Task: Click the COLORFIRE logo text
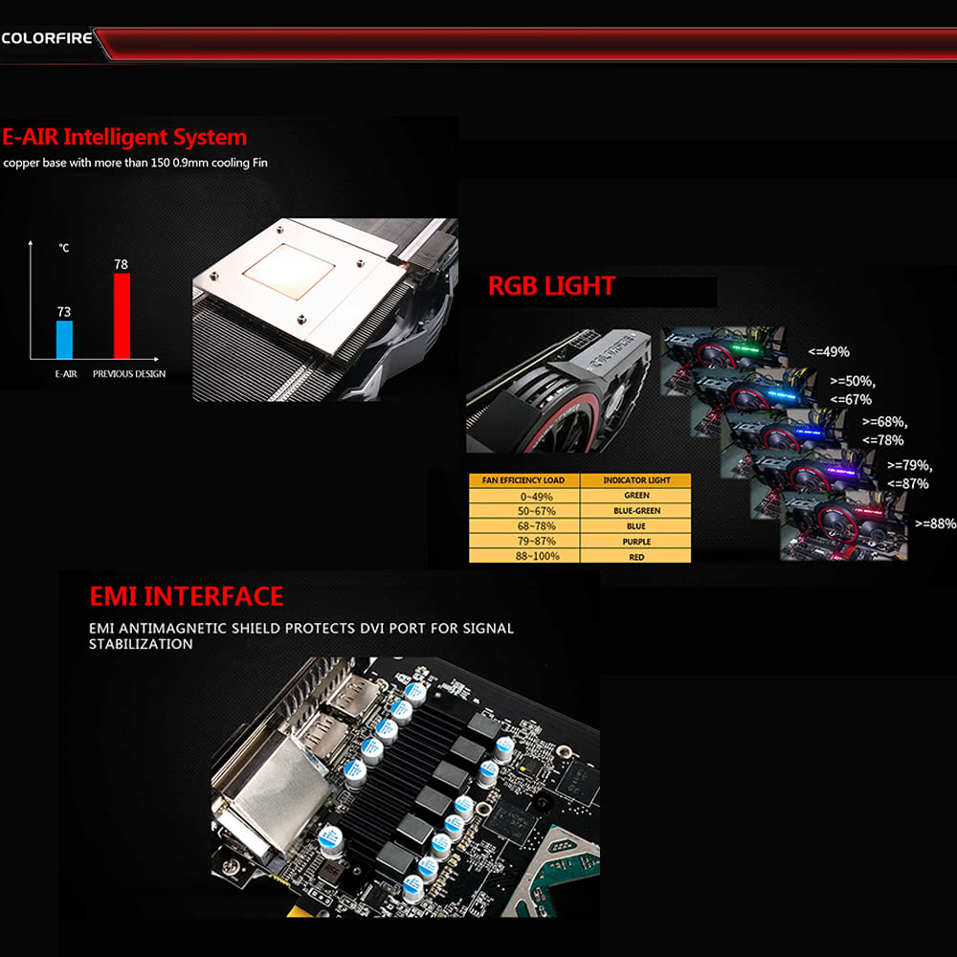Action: pos(47,38)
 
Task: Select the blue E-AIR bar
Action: pos(64,340)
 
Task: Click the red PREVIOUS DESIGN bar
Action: pos(122,316)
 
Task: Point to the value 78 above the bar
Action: pos(121,264)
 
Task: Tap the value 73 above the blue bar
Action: pos(64,312)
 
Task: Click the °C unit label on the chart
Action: pos(64,248)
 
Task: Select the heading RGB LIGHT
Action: pos(551,285)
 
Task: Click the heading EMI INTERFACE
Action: pos(187,596)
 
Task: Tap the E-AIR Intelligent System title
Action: pos(124,137)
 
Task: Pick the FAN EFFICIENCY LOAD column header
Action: pos(523,480)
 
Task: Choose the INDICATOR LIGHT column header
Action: pos(636,480)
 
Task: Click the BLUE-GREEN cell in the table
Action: pos(636,511)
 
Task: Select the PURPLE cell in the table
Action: pos(636,542)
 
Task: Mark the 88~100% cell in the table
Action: pos(537,556)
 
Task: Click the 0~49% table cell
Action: pos(537,497)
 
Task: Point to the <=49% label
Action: pos(828,352)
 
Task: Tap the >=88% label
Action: pos(935,523)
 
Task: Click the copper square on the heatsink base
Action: pos(289,272)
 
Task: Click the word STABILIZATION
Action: pos(141,644)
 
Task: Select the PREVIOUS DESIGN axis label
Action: pos(129,374)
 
